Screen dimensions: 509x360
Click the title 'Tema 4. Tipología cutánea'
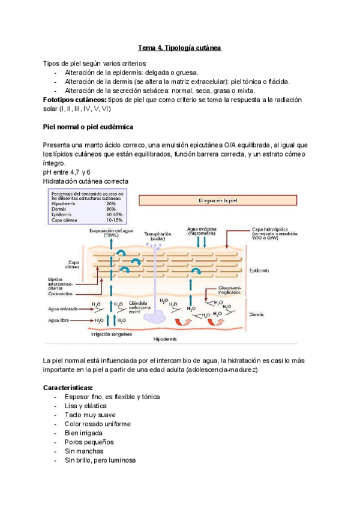click(180, 47)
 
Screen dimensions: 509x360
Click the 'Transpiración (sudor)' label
click(158, 236)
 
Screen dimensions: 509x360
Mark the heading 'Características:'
click(67, 388)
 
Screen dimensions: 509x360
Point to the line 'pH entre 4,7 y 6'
click(67, 172)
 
